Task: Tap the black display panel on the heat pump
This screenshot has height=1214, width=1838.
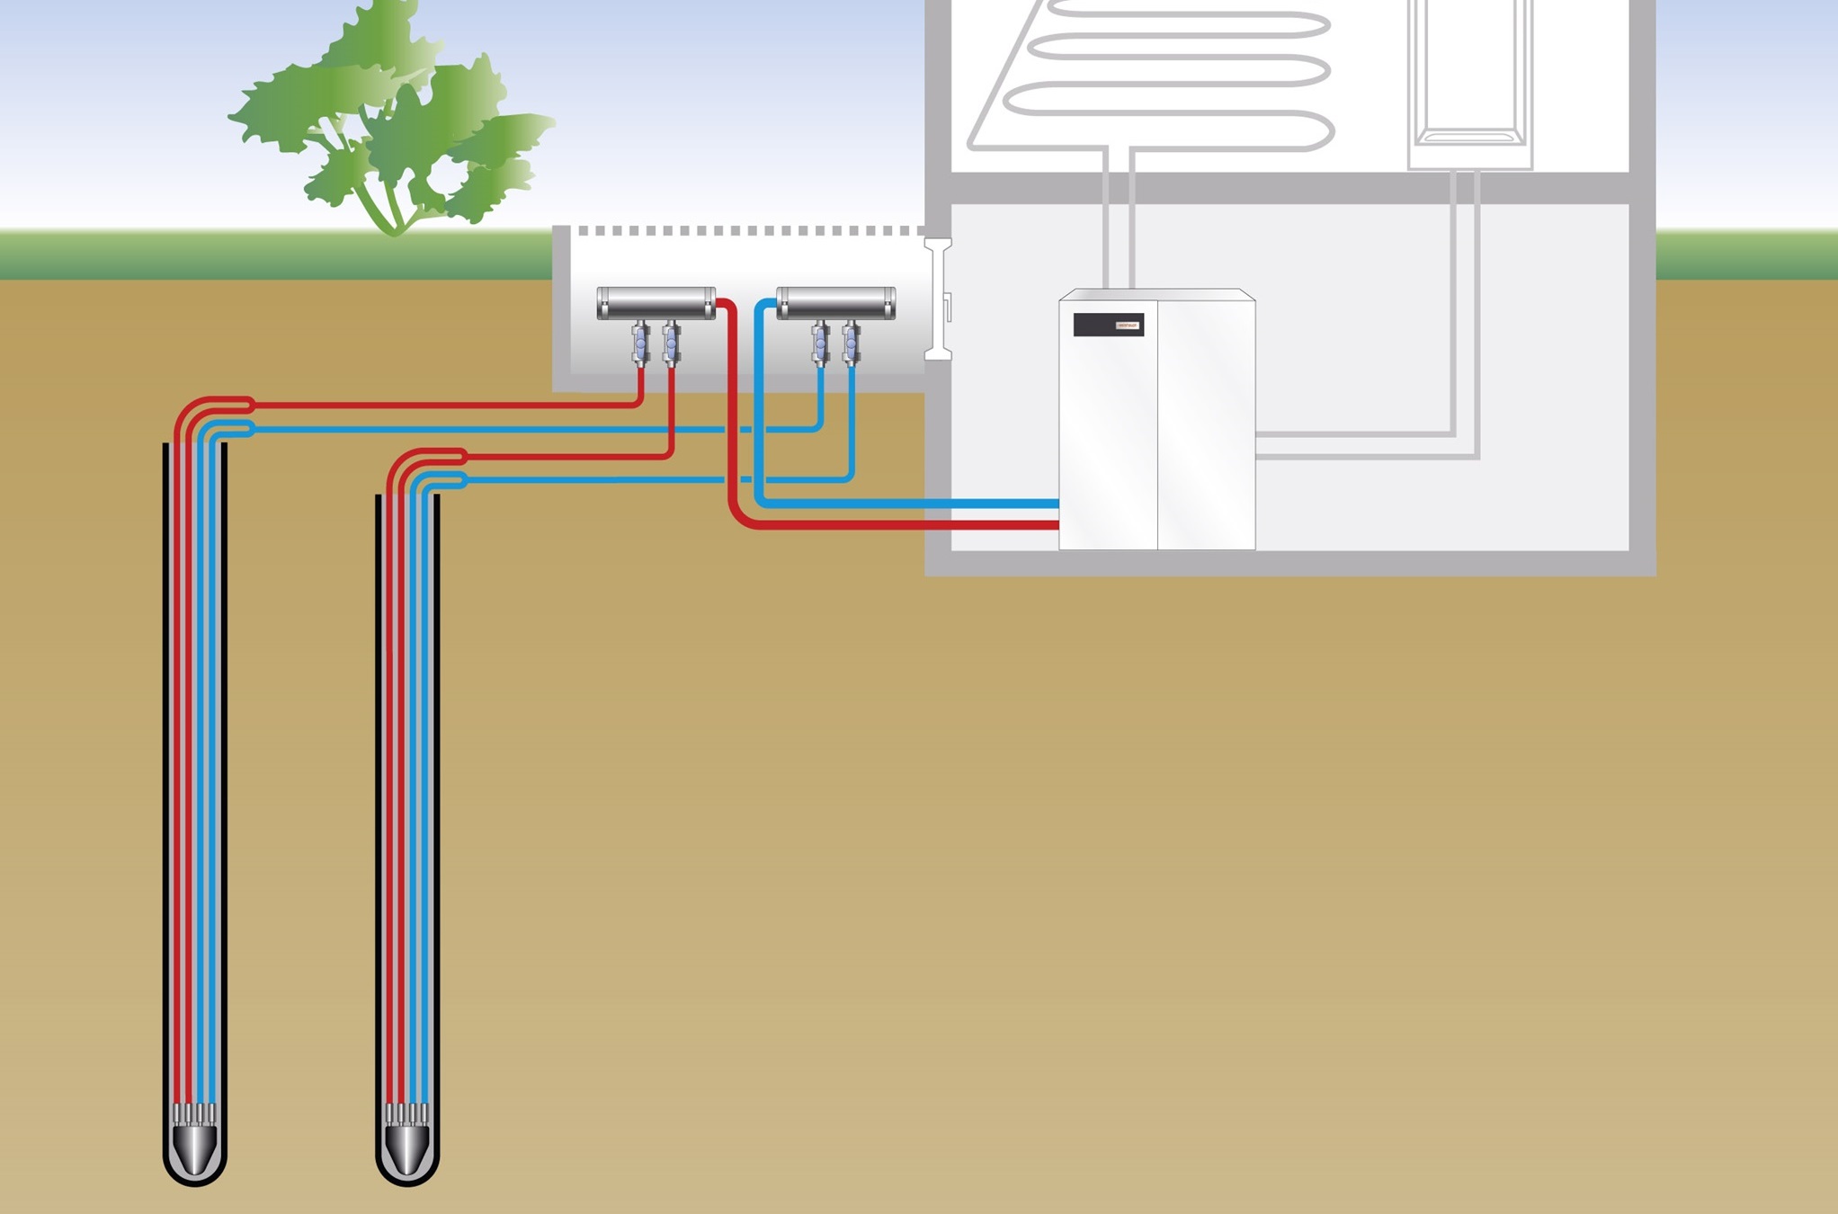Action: click(x=1108, y=325)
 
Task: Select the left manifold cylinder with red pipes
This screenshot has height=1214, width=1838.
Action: click(x=656, y=303)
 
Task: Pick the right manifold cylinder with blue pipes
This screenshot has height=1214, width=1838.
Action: click(x=835, y=303)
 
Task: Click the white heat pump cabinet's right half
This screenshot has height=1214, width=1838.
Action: click(x=1206, y=423)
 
